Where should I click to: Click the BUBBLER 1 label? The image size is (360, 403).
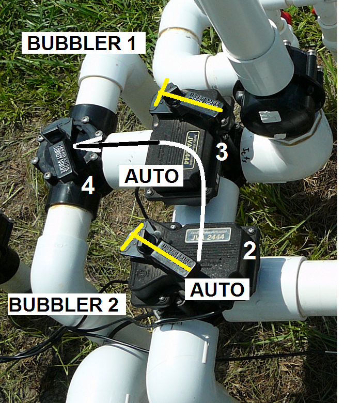pyautogui.click(x=81, y=43)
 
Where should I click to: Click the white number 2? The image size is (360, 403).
pyautogui.click(x=249, y=251)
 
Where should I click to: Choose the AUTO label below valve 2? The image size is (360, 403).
pyautogui.click(x=217, y=289)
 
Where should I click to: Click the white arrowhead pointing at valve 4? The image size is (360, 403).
pyautogui.click(x=83, y=147)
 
